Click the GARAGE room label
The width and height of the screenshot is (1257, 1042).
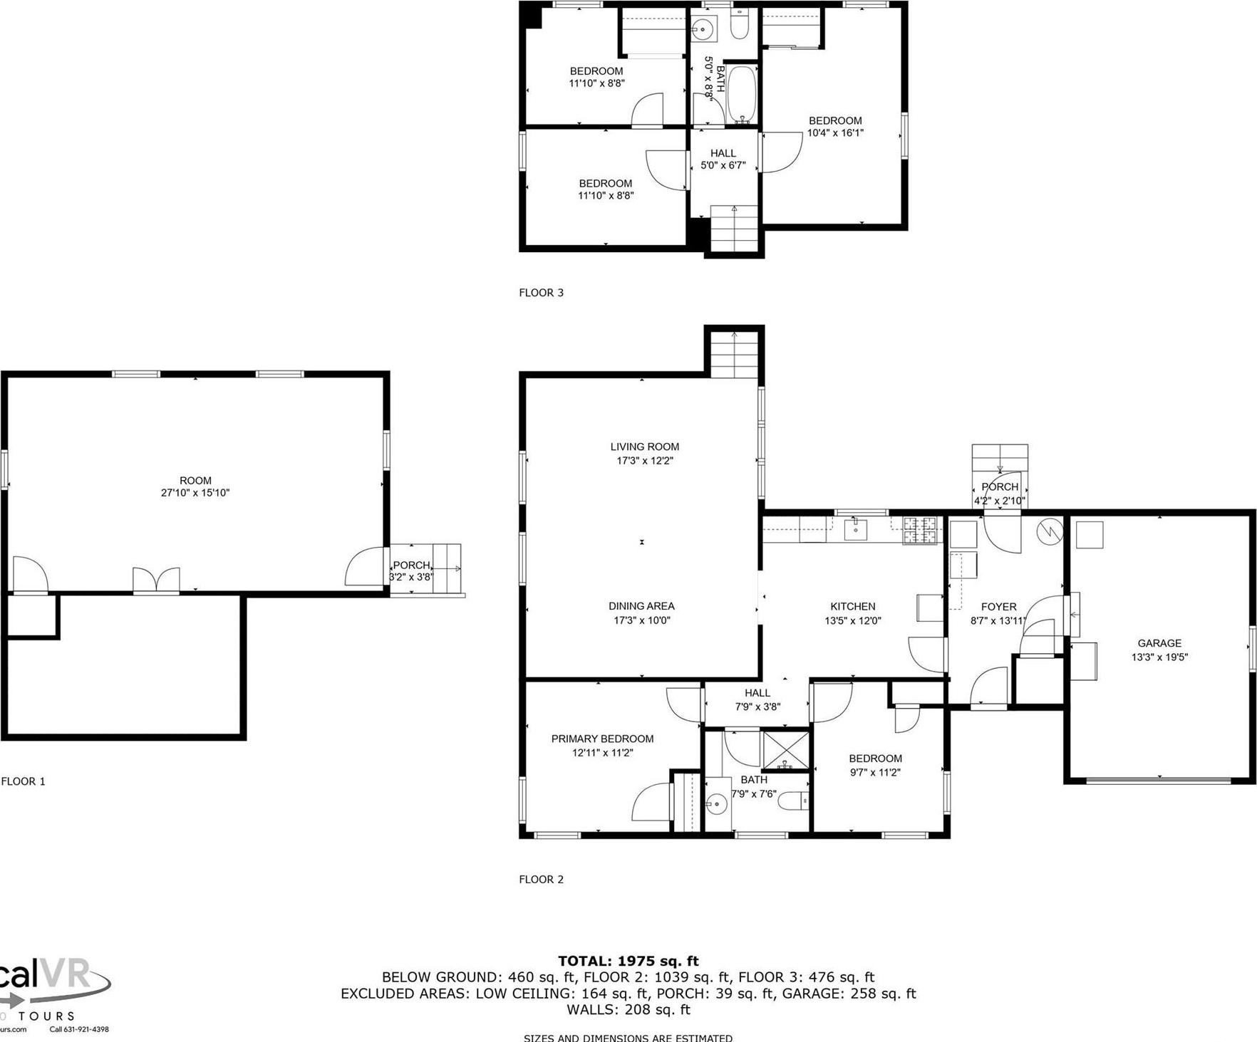pos(1159,643)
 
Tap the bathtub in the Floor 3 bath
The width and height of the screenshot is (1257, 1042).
pos(743,94)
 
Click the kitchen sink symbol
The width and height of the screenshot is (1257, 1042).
pos(854,529)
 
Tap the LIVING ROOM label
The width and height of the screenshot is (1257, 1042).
pos(644,447)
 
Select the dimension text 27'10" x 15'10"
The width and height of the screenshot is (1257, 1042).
pos(195,493)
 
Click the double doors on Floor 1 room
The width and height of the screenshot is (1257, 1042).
pos(157,580)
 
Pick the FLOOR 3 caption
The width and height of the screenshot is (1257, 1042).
pos(541,292)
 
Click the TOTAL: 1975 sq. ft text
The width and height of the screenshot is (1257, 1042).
pos(628,961)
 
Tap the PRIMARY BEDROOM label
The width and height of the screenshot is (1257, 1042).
pos(602,739)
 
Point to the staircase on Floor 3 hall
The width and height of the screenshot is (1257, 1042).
pos(734,228)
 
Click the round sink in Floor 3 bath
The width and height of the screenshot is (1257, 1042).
pos(703,30)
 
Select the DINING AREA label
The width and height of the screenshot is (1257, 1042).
pos(641,606)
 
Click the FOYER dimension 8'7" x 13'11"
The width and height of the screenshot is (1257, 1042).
pos(998,620)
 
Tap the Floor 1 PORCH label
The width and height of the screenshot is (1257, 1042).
pos(411,566)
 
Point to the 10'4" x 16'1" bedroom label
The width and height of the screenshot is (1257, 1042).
pos(835,132)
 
